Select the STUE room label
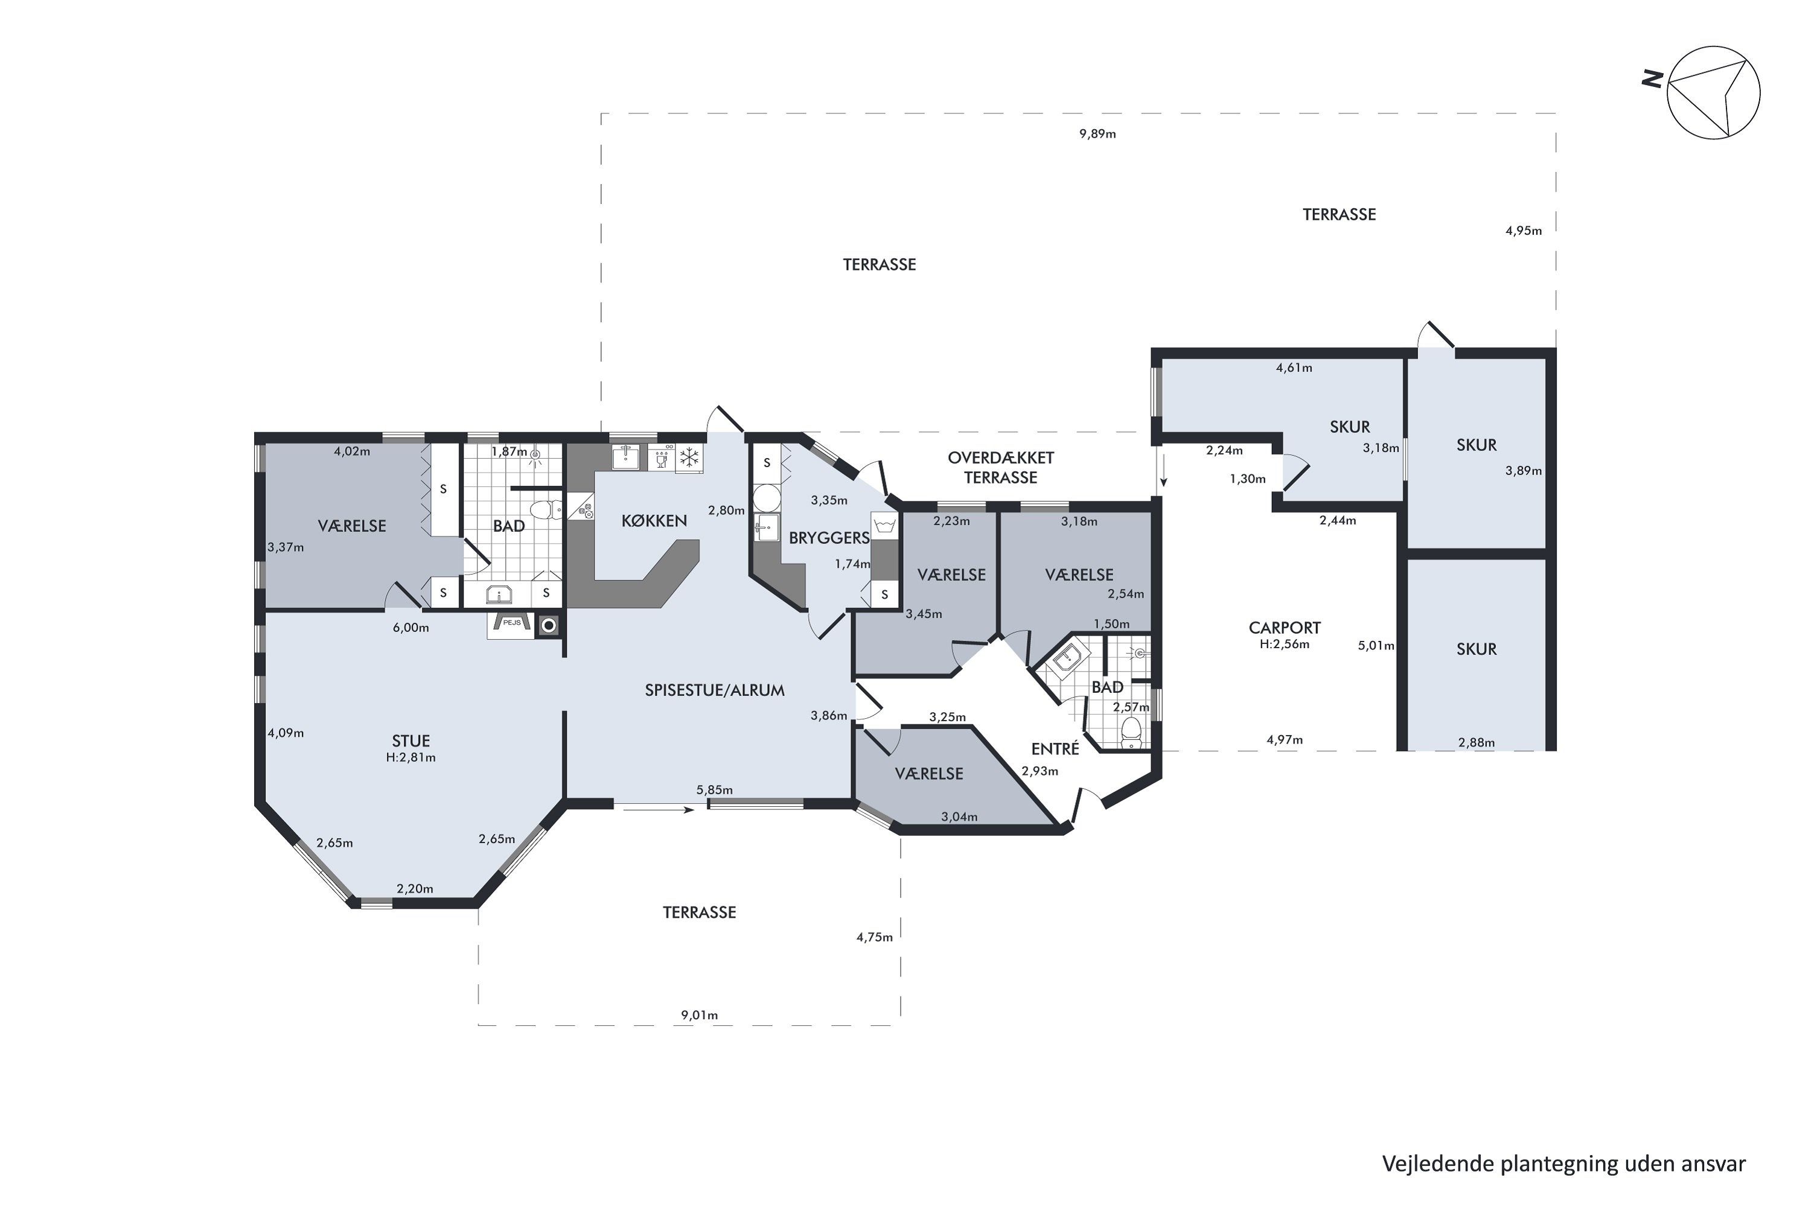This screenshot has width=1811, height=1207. tap(410, 740)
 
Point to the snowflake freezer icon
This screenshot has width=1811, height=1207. tap(689, 457)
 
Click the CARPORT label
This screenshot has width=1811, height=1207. tap(1285, 628)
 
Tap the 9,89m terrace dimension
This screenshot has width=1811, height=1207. tap(1097, 134)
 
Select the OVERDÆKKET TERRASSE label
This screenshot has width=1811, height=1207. tap(1000, 467)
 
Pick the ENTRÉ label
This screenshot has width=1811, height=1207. tap(1055, 748)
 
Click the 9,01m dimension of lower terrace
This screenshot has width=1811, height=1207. tap(699, 1015)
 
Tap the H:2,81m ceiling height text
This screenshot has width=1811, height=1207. tap(410, 757)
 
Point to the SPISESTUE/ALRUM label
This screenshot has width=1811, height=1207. tap(715, 690)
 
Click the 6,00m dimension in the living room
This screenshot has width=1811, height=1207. tap(410, 628)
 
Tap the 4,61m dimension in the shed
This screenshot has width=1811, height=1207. tap(1294, 368)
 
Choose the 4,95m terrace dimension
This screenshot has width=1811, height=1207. tap(1524, 230)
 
